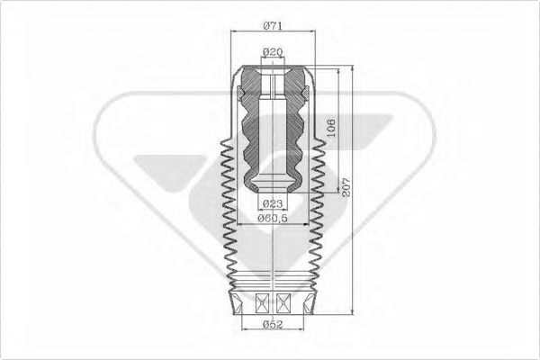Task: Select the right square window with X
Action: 284,301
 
